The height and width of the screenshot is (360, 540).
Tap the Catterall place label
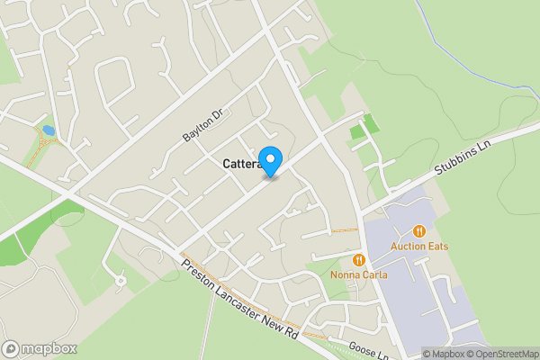coord(241,165)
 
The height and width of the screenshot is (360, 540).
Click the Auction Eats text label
coord(418,247)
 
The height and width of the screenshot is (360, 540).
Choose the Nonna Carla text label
coord(358,274)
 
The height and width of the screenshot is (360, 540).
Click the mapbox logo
coord(40,348)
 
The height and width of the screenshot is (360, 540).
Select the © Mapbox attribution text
coord(444,354)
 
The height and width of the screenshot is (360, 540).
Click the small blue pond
coord(48,131)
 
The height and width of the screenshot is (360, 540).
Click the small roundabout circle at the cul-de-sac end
coord(121,281)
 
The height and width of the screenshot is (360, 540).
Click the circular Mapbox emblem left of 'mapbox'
coord(12,348)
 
